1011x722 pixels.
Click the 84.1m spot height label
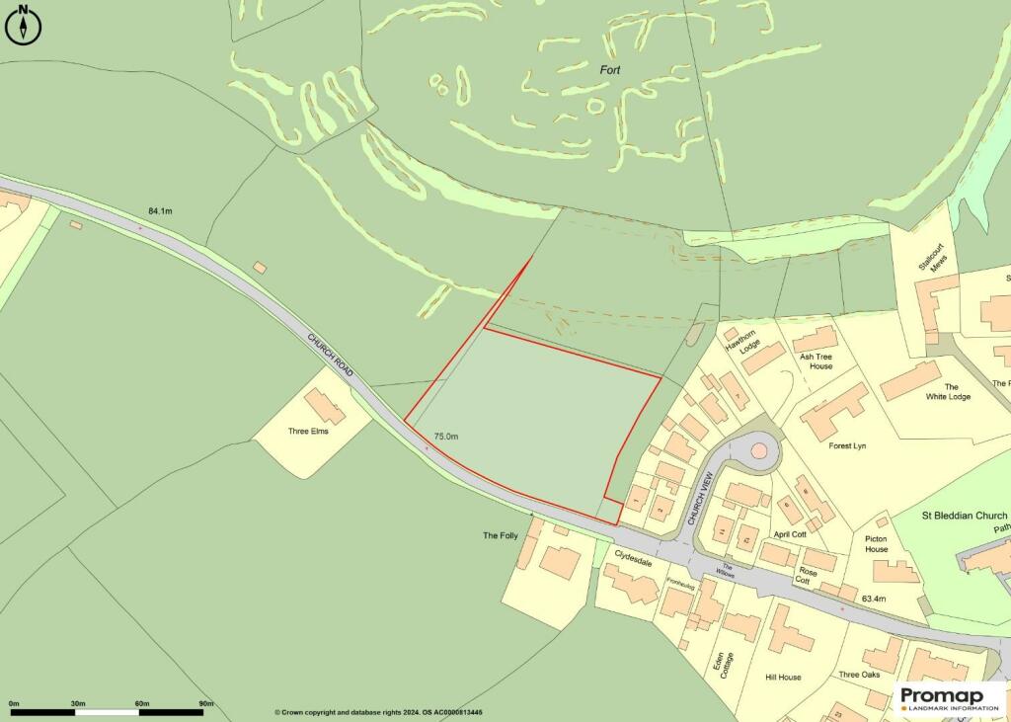click(x=160, y=211)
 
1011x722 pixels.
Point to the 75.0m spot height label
click(x=447, y=436)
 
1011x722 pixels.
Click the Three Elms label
click(x=308, y=432)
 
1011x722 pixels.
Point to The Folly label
click(x=500, y=535)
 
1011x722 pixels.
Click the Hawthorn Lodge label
click(x=739, y=342)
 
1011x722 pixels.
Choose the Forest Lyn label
click(x=852, y=445)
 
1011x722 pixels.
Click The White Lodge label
click(x=949, y=392)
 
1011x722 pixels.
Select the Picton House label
click(x=876, y=544)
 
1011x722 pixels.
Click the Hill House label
click(x=783, y=678)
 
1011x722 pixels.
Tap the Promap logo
click(x=949, y=698)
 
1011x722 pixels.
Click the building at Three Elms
click(x=325, y=406)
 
